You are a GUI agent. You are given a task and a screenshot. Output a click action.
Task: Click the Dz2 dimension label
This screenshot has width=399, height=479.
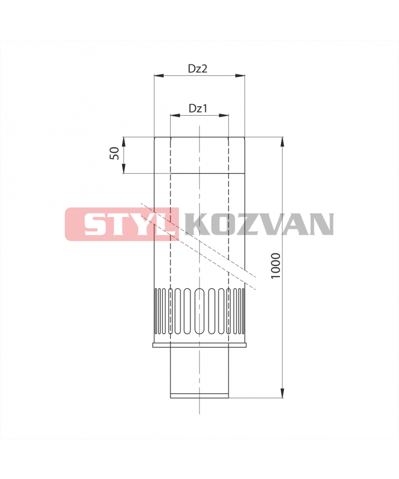198,68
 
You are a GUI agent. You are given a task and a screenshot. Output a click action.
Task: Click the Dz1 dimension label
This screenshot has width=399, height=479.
198,108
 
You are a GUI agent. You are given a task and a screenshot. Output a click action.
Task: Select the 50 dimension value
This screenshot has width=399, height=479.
114,153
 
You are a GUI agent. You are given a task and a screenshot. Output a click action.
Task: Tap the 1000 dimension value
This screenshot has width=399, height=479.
275,265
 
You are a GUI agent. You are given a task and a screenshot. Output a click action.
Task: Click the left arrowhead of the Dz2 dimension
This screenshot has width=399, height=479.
159,75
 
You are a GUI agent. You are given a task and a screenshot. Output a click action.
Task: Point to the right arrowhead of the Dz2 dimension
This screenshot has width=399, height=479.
240,75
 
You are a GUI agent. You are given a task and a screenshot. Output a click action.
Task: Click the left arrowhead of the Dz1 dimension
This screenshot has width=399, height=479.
175,115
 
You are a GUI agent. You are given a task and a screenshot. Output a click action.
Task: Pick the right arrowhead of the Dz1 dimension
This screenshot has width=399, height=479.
223,115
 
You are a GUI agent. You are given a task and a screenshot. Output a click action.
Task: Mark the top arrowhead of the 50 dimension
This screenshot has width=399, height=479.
124,142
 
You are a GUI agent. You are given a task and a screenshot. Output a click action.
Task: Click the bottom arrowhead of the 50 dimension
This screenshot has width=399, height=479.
124,168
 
